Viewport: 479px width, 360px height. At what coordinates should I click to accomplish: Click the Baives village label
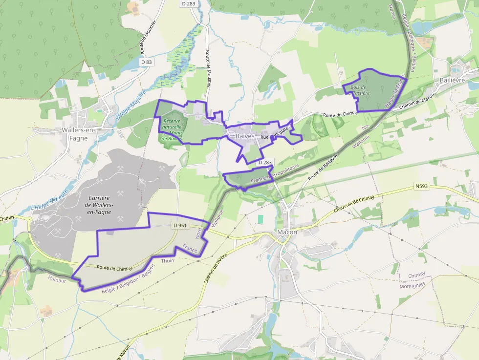click(x=245, y=136)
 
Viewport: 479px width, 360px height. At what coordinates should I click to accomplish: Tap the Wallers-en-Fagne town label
click(x=75, y=134)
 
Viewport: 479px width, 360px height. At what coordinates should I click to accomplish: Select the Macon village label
click(x=287, y=232)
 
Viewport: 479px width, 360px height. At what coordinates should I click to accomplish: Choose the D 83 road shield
click(x=146, y=62)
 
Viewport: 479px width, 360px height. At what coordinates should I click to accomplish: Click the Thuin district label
click(x=168, y=261)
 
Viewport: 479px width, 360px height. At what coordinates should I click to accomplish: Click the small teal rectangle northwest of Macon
click(x=261, y=219)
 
